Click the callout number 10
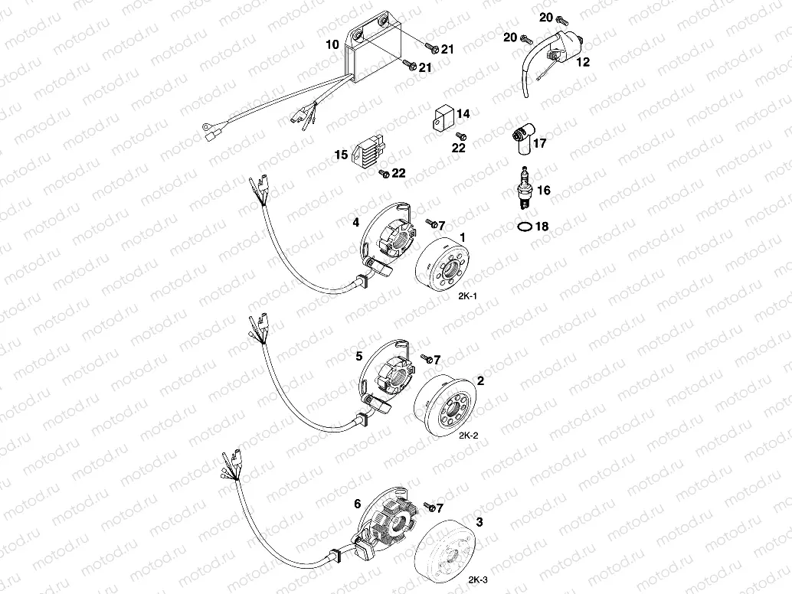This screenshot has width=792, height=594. pyautogui.click(x=332, y=46)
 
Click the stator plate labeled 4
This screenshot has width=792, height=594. pyautogui.click(x=387, y=242)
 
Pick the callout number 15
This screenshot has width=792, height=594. pyautogui.click(x=340, y=155)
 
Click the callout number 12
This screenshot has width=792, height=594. pyautogui.click(x=583, y=62)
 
